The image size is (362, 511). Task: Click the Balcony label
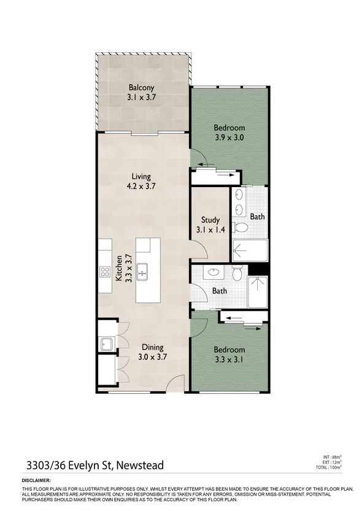click(141, 87)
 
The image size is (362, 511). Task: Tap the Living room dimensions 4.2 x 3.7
click(141, 188)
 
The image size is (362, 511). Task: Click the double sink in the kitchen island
click(142, 270)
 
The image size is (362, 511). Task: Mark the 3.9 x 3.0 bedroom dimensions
click(229, 138)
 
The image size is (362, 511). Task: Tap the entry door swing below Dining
click(175, 383)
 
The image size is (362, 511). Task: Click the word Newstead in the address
click(139, 466)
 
